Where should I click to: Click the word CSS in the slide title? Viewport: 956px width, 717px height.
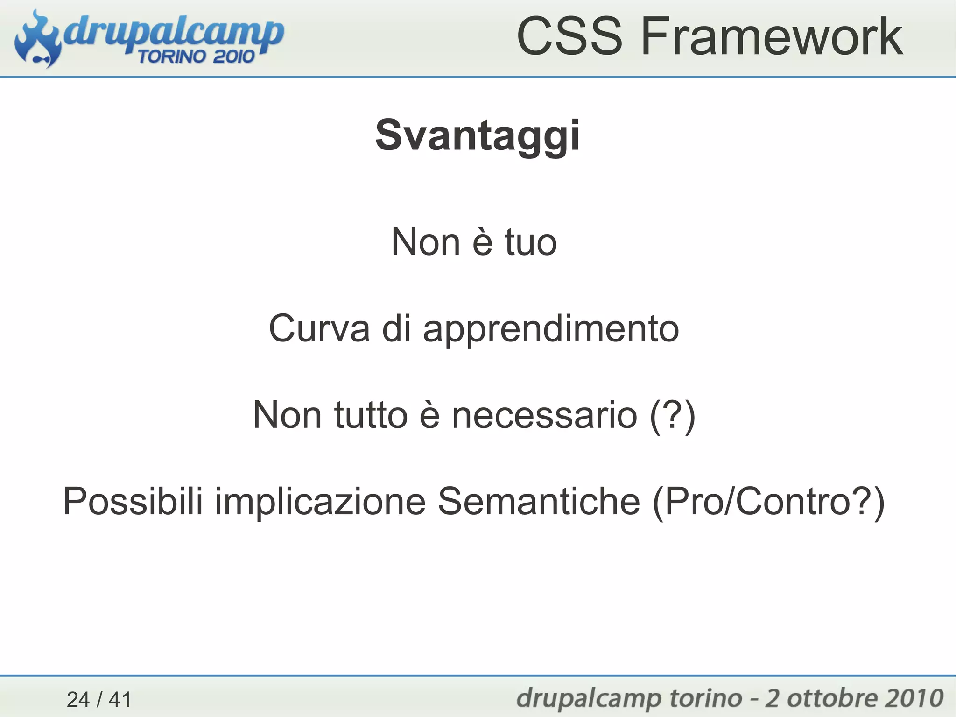point(569,36)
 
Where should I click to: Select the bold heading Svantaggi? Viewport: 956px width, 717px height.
point(478,135)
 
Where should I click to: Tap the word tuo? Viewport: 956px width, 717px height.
point(531,242)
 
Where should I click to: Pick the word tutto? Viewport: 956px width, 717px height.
point(371,415)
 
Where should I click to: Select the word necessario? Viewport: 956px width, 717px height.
point(544,416)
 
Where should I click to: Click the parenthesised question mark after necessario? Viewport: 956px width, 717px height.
point(673,416)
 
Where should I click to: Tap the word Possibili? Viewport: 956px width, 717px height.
point(133,501)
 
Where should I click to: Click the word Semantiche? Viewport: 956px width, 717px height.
point(539,501)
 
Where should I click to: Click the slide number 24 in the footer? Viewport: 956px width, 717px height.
point(78,700)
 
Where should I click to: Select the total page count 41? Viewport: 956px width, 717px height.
point(120,700)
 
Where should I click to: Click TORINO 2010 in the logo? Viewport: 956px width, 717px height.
point(196,57)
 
